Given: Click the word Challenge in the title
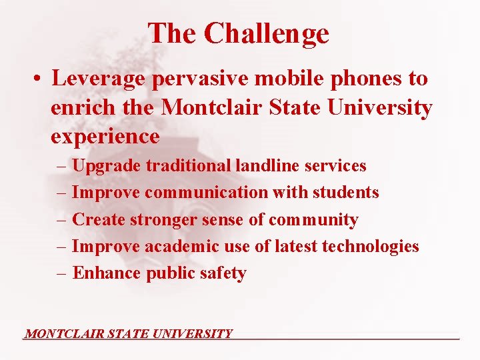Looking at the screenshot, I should pos(267,33).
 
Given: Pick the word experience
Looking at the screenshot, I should pos(105,137).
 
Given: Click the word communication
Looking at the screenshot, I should pos(206,193).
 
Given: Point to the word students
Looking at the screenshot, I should pos(347,193).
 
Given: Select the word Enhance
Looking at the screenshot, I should pos(107,273).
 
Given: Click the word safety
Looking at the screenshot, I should pos(225,273).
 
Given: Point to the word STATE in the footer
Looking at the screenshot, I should pos(127,333).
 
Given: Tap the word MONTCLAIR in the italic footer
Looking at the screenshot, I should pos(63,333).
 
